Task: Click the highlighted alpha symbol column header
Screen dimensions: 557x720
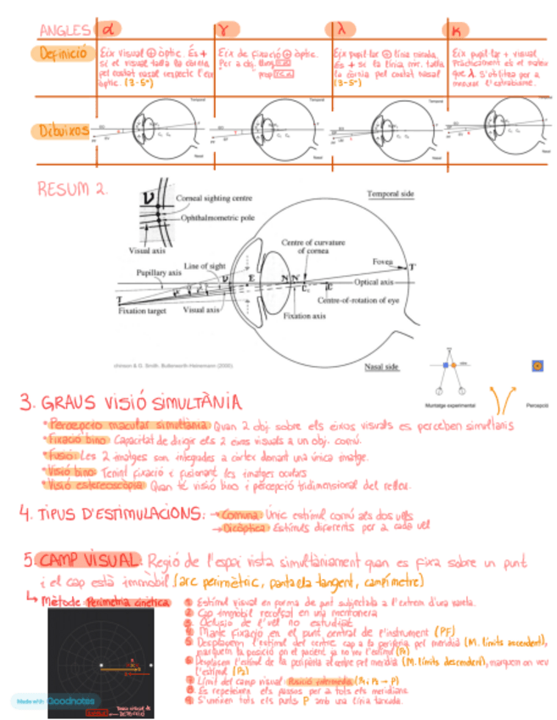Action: coord(110,30)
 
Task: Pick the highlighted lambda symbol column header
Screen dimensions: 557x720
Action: coord(341,30)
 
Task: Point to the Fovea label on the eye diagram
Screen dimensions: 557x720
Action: coord(382,261)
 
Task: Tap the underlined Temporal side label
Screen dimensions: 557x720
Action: coord(390,194)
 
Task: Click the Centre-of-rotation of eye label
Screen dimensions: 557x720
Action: coord(357,301)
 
